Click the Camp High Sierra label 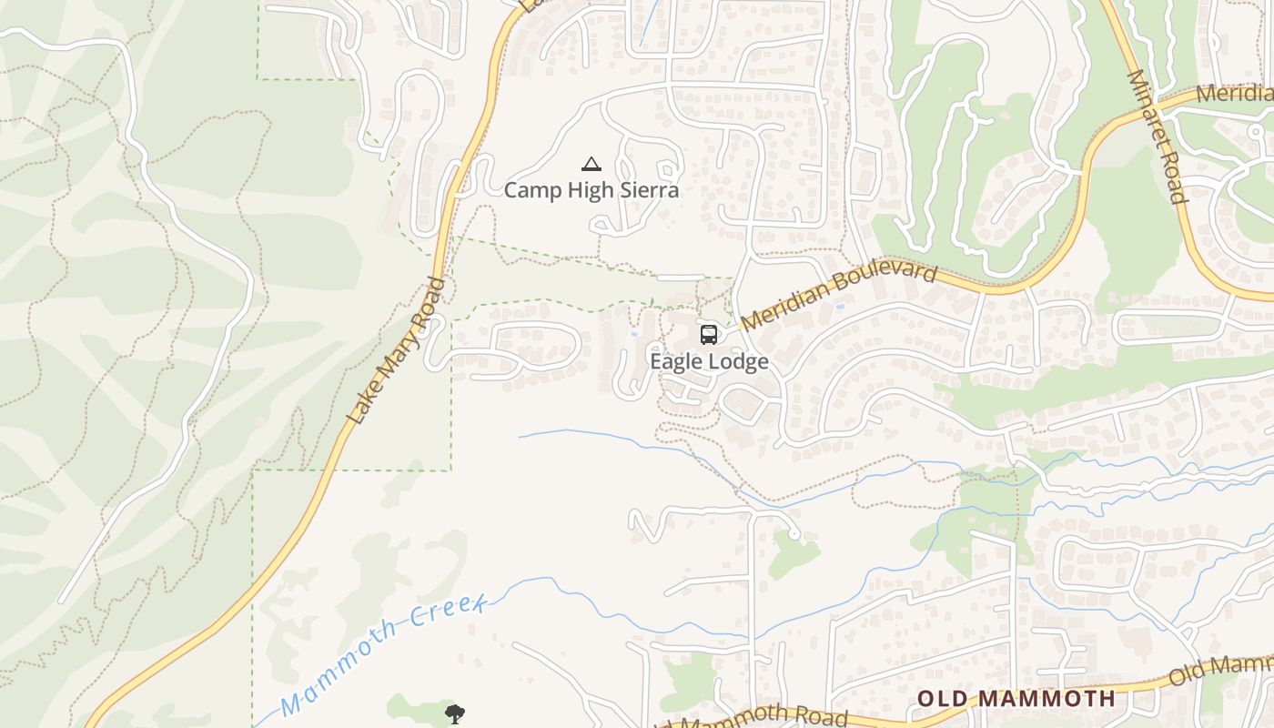click(x=591, y=190)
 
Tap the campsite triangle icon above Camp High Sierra click(x=591, y=165)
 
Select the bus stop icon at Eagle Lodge click(x=709, y=335)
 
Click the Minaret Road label click(x=1158, y=136)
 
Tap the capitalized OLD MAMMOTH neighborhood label click(x=1016, y=699)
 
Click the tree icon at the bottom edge click(x=454, y=713)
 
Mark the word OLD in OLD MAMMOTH click(x=942, y=699)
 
